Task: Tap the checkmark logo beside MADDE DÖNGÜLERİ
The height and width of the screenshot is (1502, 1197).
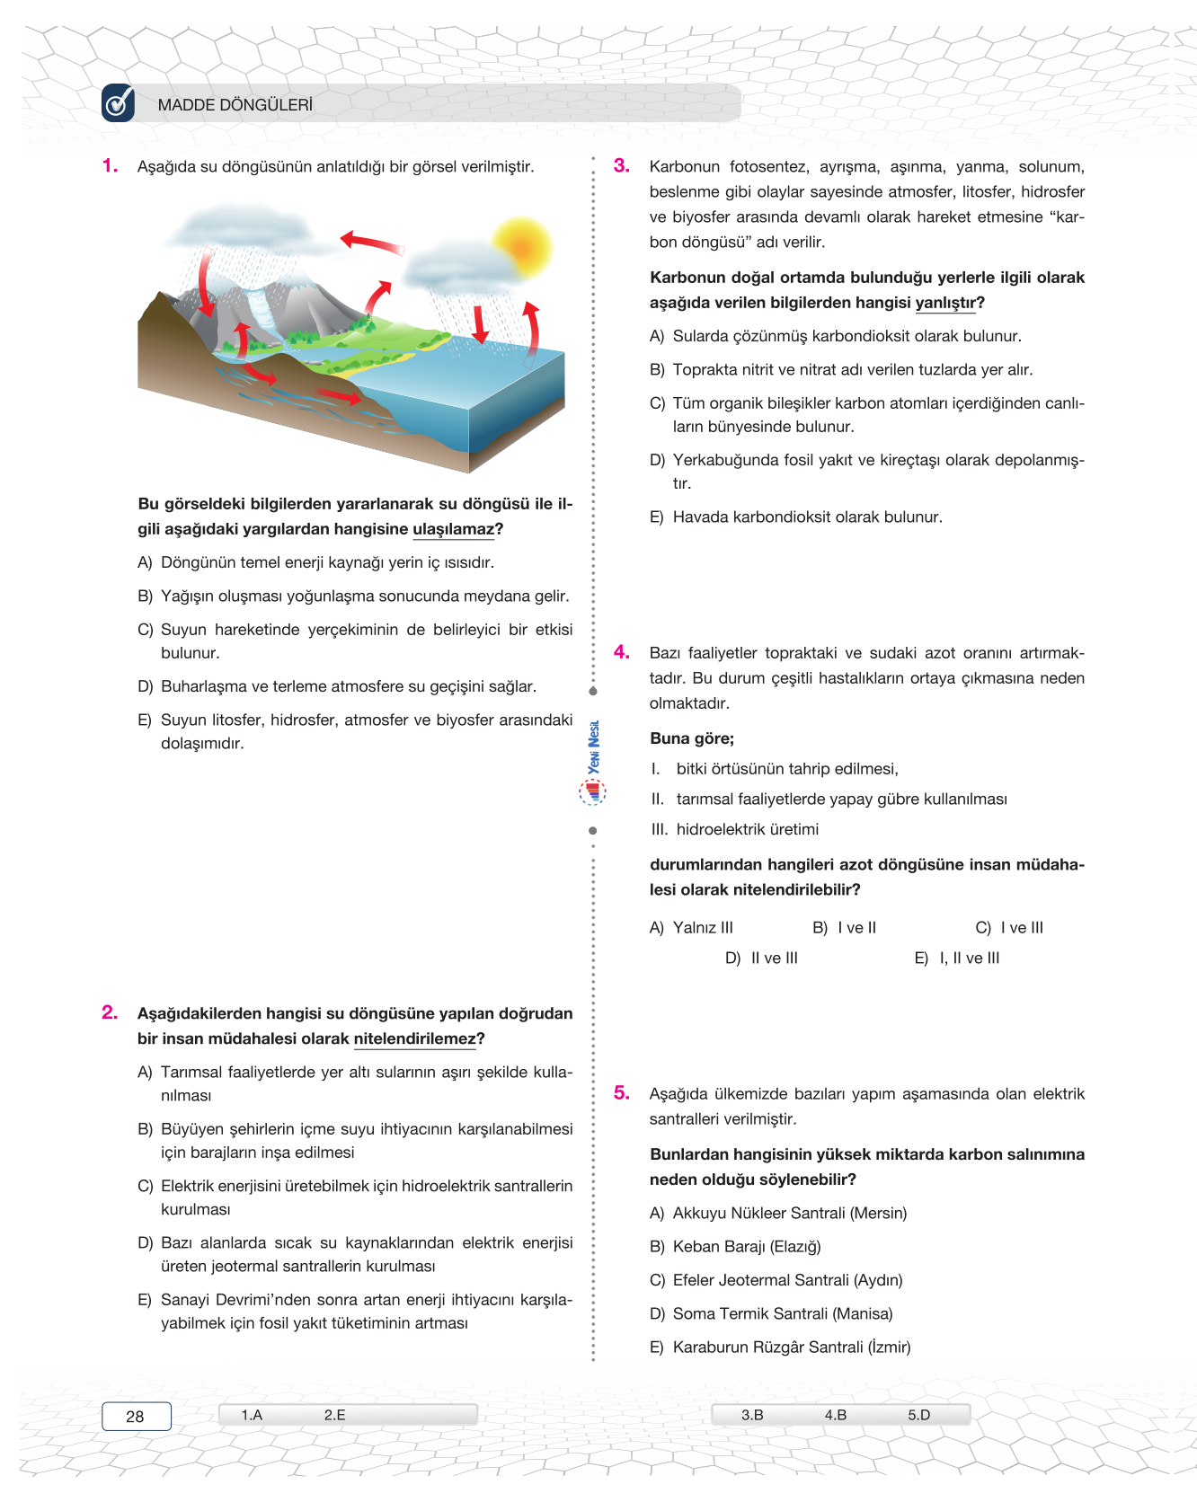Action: pyautogui.click(x=119, y=103)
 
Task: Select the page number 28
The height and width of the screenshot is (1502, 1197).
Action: pyautogui.click(x=136, y=1417)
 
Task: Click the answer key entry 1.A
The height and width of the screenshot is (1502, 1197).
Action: pyautogui.click(x=252, y=1415)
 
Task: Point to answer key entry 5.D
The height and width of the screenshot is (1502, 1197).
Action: pyautogui.click(x=918, y=1415)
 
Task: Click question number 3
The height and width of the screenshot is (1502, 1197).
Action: pyautogui.click(x=622, y=166)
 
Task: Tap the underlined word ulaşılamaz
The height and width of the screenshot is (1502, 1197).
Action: pyautogui.click(x=453, y=529)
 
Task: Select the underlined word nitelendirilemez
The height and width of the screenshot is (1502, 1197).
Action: pyautogui.click(x=414, y=1038)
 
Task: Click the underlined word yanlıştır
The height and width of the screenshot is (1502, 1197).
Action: pyautogui.click(x=945, y=303)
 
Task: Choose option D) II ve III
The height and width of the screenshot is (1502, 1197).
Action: pyautogui.click(x=761, y=959)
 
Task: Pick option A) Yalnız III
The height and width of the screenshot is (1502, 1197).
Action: pyautogui.click(x=691, y=928)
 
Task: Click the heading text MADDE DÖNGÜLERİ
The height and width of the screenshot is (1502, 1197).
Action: pyautogui.click(x=235, y=105)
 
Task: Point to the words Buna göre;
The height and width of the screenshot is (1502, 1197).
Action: pyautogui.click(x=692, y=738)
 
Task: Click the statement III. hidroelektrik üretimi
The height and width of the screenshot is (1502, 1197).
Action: pyautogui.click(x=734, y=829)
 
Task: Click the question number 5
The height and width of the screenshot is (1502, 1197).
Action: pyautogui.click(x=622, y=1093)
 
